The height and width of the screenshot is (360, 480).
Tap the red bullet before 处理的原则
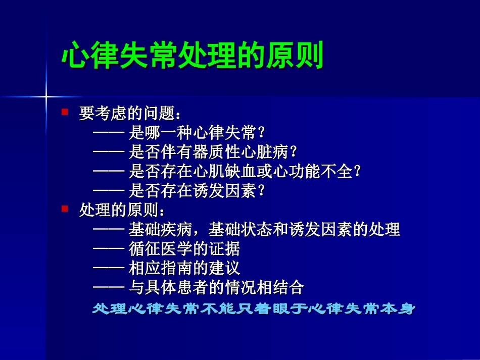click(x=65, y=208)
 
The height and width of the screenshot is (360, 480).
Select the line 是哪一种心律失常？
click(x=197, y=133)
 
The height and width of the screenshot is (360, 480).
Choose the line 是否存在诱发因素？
click(x=197, y=191)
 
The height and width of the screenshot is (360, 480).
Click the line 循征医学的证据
click(x=184, y=249)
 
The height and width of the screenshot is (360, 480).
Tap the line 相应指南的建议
click(x=184, y=268)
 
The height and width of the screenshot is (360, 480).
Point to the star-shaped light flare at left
click(x=46, y=95)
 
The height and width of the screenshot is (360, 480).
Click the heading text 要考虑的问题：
click(x=129, y=113)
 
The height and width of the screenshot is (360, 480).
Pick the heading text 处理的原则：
click(x=122, y=210)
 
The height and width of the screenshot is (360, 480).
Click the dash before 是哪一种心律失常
click(x=109, y=133)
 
